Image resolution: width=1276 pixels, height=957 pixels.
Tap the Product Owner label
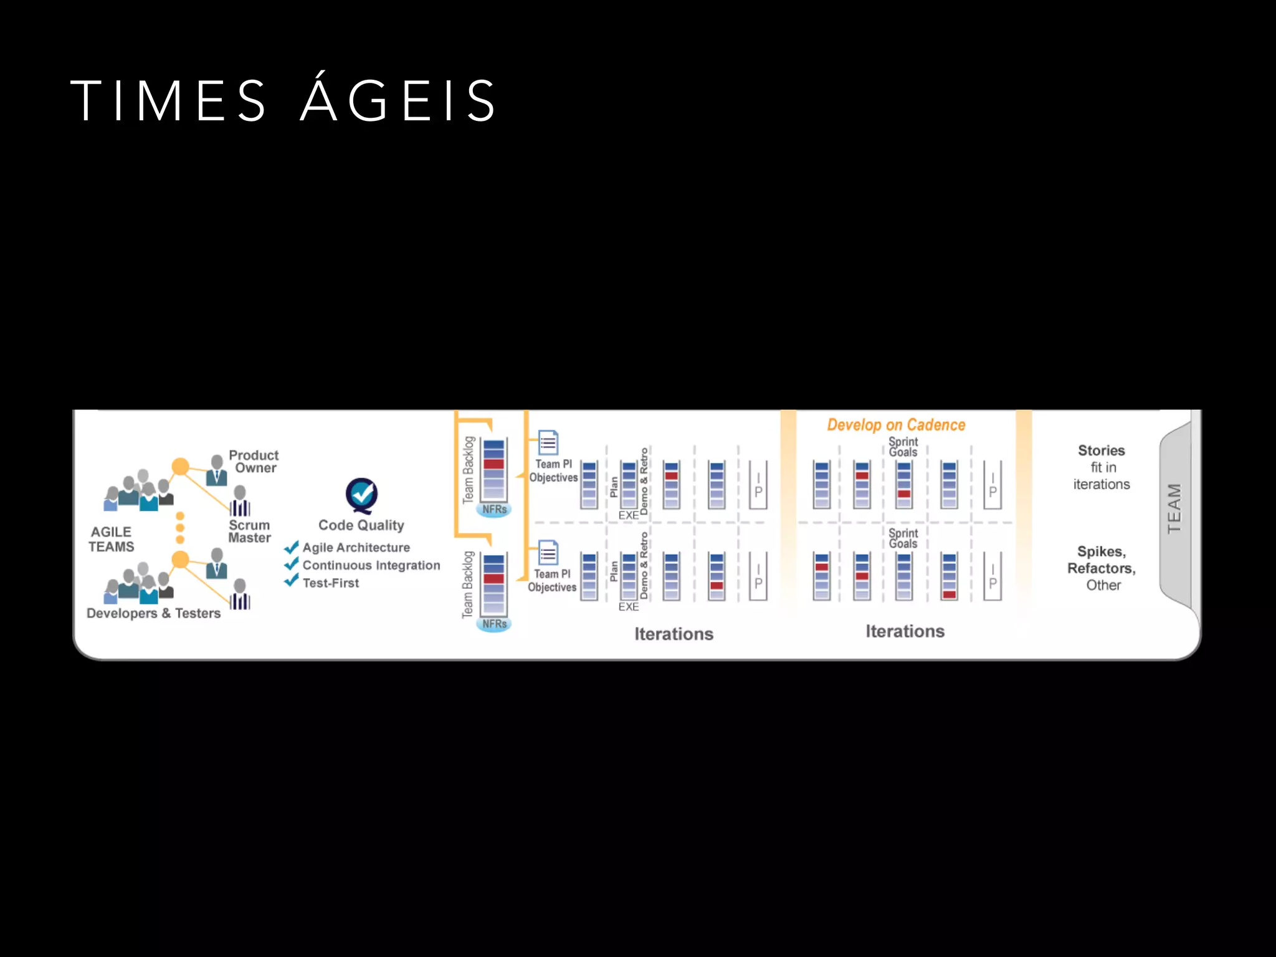pos(254,462)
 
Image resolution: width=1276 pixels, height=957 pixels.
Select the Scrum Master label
pos(249,531)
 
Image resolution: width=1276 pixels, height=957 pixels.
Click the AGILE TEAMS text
pos(111,540)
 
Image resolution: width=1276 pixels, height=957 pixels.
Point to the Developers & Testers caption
pos(153,613)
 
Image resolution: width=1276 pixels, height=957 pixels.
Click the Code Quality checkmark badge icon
pos(361,495)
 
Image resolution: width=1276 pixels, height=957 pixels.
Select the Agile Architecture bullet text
pos(356,548)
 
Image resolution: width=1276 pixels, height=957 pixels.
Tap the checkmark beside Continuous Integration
pos(291,564)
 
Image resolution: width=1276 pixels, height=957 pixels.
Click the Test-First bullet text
pos(330,583)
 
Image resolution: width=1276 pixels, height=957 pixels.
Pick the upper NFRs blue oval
pos(494,510)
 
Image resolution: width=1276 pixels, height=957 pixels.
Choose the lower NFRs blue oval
pos(494,624)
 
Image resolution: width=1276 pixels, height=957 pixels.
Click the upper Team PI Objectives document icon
pos(548,443)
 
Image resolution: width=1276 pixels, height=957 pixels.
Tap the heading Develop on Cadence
pos(896,425)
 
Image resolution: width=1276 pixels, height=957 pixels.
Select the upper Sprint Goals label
pos(903,447)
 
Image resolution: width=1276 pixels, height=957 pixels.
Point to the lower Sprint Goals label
pos(903,538)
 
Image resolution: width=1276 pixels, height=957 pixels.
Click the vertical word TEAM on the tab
pos(1174,508)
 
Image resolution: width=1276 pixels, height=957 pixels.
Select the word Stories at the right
pos(1101,450)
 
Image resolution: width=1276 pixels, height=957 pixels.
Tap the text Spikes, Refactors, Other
pos(1102,568)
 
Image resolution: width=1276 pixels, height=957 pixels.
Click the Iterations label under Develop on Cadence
pos(905,631)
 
